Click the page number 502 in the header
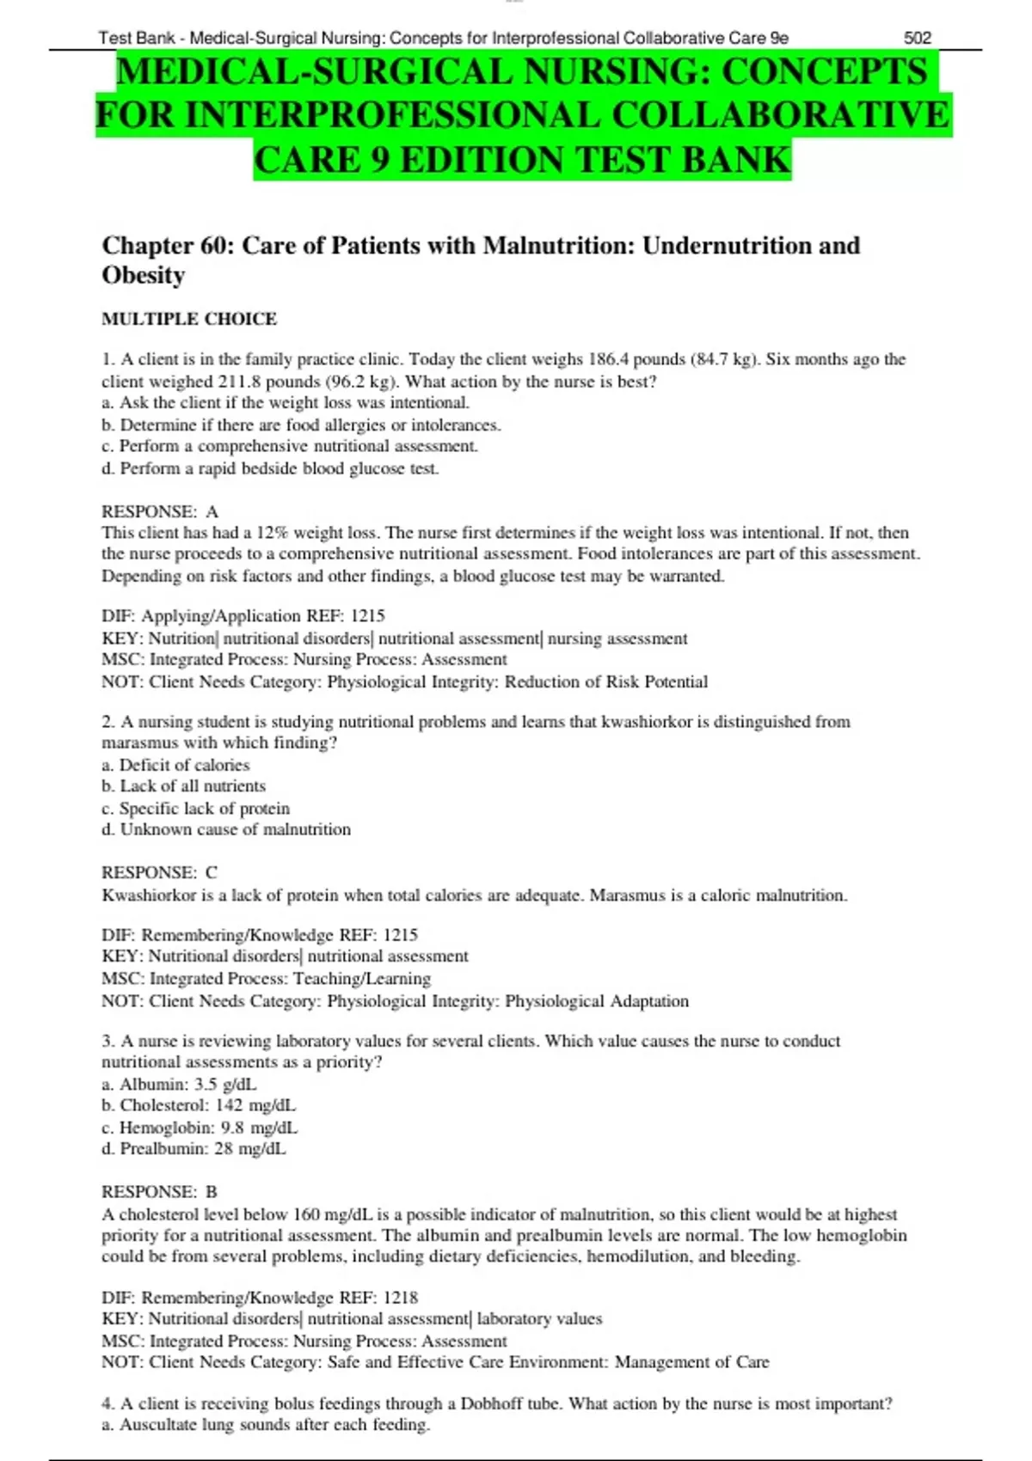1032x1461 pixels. (x=917, y=38)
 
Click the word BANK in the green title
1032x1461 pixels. (x=736, y=161)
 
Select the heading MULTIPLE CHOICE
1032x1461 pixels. (x=189, y=319)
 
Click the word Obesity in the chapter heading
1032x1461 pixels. (x=144, y=275)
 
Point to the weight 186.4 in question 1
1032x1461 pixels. (x=610, y=359)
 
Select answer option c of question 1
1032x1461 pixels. (x=290, y=446)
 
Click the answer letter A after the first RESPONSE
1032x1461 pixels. (x=212, y=511)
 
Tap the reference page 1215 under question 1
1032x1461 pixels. (x=367, y=616)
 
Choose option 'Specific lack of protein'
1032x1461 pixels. (x=196, y=809)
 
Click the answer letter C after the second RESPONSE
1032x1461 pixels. (x=212, y=873)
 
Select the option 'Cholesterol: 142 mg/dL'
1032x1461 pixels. (x=199, y=1106)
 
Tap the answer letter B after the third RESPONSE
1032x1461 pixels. (x=212, y=1192)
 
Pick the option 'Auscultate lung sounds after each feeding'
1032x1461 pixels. (x=267, y=1425)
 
